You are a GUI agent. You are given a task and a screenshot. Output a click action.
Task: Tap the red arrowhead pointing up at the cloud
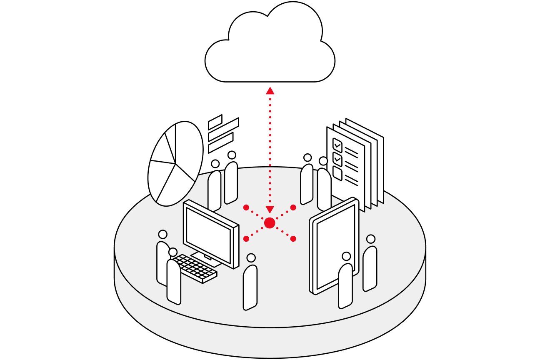pyautogui.click(x=270, y=90)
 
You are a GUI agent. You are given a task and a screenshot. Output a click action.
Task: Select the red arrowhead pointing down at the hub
pyautogui.click(x=270, y=209)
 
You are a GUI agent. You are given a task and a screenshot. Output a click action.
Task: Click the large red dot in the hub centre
pyautogui.click(x=270, y=223)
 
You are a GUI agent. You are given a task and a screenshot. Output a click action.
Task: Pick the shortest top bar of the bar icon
pyautogui.click(x=215, y=122)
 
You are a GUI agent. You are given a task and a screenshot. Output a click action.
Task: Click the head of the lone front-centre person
pyautogui.click(x=251, y=258)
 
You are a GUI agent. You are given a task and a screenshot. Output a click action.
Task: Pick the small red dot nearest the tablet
pyautogui.click(x=293, y=239)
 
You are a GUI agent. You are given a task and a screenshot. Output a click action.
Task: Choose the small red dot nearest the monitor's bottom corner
pyautogui.click(x=246, y=239)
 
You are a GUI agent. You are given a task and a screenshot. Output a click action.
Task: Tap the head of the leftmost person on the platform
pyautogui.click(x=162, y=235)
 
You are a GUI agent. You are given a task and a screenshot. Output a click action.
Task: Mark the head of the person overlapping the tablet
pyautogui.click(x=346, y=256)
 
